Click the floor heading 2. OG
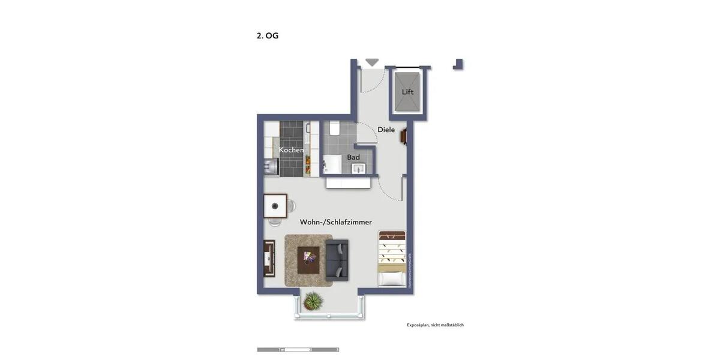coord(268,36)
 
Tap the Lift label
coord(408,92)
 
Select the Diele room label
coord(386,130)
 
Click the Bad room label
coord(353,157)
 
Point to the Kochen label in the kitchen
coord(291,150)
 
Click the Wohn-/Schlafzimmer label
coord(336,222)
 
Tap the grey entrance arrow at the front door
coord(372,62)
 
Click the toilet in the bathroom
coord(335,128)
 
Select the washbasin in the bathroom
coord(359,168)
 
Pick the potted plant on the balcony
coord(313,301)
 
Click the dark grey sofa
coord(337,260)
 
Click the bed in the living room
coord(392,259)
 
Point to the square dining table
coord(275,206)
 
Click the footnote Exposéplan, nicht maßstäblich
coord(435,325)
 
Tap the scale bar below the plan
coord(298,349)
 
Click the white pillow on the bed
coord(392,279)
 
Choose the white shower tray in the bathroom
coord(332,163)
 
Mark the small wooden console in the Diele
coord(404,137)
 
